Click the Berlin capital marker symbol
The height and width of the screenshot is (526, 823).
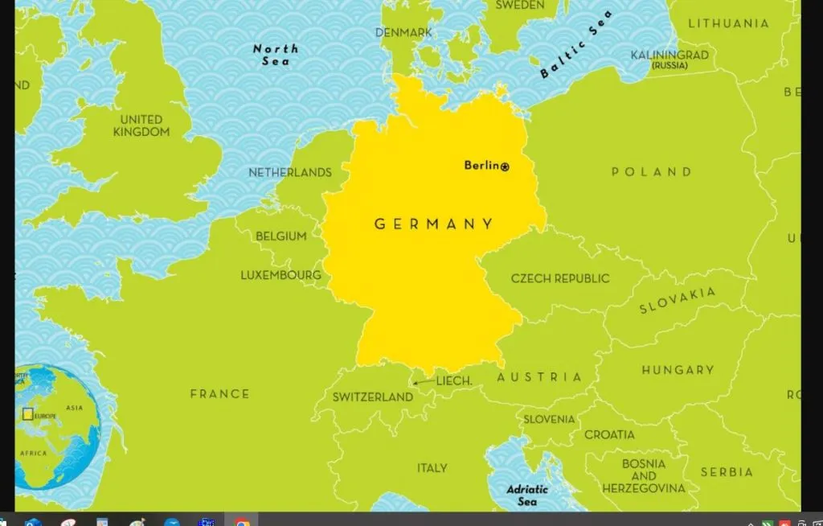coord(505,166)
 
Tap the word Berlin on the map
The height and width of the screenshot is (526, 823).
coord(481,166)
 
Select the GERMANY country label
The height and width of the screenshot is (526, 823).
coord(434,224)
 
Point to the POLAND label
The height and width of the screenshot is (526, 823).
coord(651,172)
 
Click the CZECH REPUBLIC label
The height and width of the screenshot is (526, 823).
coord(560,278)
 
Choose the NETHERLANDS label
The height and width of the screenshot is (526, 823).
coord(289,172)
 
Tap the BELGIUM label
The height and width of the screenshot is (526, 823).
coord(280,236)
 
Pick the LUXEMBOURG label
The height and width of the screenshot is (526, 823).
coord(280,275)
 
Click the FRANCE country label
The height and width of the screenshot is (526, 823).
coord(219,394)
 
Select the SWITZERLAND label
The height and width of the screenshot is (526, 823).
coord(372,397)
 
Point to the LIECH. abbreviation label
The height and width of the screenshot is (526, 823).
coord(454,381)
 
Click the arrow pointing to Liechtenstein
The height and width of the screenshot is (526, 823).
coord(421,384)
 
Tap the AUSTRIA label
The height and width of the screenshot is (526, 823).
coord(539,377)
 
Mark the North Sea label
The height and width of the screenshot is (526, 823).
coord(276,55)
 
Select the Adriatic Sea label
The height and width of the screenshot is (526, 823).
coord(527,495)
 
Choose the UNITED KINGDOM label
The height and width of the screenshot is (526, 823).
coord(141,125)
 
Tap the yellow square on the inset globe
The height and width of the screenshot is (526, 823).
coord(28,414)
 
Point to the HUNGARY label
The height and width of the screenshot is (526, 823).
coord(678,370)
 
